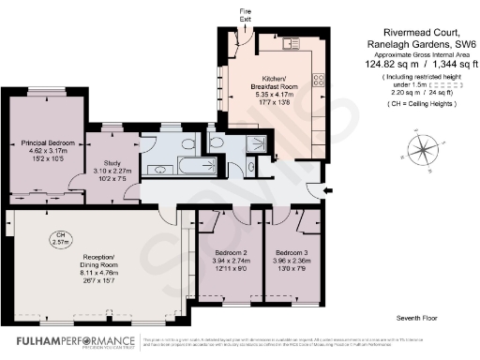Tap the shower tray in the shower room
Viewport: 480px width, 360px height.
pyautogui.click(x=253, y=143)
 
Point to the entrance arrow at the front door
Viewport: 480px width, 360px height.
pyautogui.click(x=325, y=191)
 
